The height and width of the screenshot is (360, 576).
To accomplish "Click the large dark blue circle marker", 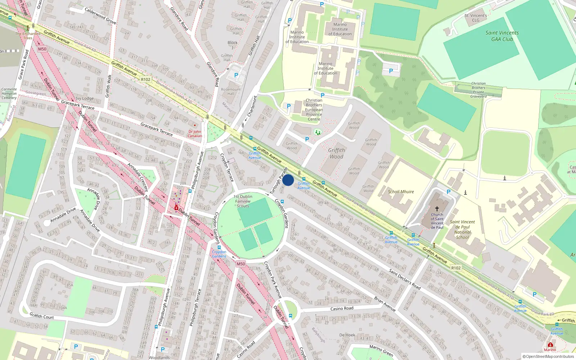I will point(288,180).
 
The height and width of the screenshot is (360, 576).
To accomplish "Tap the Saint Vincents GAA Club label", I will point(502,36).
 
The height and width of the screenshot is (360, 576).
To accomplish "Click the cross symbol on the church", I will point(437,209).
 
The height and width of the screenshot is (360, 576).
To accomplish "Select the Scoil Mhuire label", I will point(401,192).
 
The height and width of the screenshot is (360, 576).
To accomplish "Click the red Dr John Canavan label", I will point(195,134).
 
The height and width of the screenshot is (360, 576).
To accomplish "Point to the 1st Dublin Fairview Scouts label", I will point(243,201).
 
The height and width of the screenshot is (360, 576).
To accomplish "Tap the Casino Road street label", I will point(342,309).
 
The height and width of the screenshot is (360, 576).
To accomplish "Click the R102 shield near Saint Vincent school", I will point(456,268).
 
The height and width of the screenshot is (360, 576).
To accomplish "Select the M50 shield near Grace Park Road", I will point(42,49).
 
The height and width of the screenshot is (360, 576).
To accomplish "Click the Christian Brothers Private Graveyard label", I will point(478,90).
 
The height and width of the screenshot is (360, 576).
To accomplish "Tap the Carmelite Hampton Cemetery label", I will point(9,94).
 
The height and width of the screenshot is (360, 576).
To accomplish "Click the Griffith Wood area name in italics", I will point(336,153).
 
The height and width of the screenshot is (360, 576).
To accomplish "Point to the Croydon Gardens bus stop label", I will point(219,254).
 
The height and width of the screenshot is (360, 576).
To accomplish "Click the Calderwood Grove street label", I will point(100,16).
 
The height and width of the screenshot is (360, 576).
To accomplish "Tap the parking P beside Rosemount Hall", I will point(236,75).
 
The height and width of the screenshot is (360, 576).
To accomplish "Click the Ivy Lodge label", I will point(85,98).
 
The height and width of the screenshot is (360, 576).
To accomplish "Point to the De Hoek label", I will point(347,335).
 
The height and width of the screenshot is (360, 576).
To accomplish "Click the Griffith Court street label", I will point(41,316).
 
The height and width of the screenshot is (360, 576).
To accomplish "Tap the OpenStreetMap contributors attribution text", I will point(548,357).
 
